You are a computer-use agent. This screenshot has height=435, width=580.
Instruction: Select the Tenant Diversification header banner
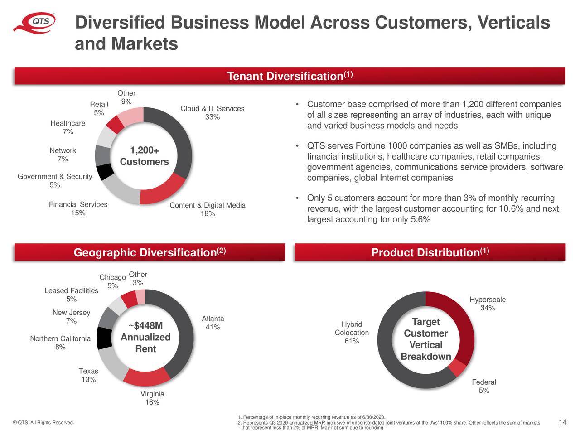tap(290, 76)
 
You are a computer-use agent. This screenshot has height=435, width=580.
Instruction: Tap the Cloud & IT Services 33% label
tap(212, 113)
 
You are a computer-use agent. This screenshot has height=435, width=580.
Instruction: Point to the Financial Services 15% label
tap(78, 208)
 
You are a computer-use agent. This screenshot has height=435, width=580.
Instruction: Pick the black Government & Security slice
tap(105, 172)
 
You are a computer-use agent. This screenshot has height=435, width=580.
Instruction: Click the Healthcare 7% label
tap(68, 127)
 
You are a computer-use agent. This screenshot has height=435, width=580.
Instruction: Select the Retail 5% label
tap(99, 108)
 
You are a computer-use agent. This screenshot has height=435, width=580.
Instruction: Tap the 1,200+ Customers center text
tap(144, 156)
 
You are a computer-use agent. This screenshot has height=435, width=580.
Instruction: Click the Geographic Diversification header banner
tap(150, 252)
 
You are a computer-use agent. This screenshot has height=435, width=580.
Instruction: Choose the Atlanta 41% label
tap(213, 323)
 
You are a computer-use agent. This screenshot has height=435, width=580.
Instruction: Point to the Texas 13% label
tap(88, 375)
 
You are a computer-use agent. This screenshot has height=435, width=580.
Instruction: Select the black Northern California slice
tap(104, 338)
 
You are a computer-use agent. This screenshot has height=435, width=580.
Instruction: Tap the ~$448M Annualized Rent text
tap(145, 338)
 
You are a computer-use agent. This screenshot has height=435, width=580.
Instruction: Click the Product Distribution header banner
tap(430, 252)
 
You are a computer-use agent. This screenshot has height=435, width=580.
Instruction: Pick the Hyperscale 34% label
tap(487, 304)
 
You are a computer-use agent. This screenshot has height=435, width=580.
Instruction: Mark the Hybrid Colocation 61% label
tap(352, 333)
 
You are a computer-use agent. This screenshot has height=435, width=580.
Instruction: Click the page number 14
tap(562, 422)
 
